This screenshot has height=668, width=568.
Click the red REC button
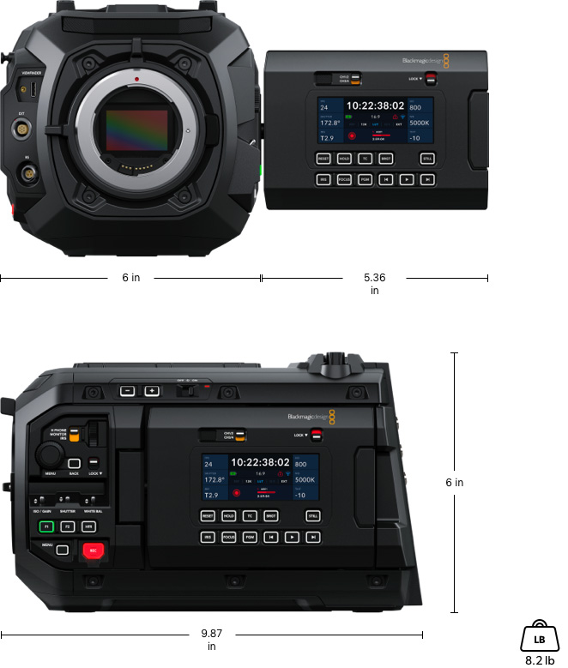pyautogui.click(x=92, y=551)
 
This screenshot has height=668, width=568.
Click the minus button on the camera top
pyautogui.click(x=126, y=391)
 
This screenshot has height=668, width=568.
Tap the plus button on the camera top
pyautogui.click(x=152, y=391)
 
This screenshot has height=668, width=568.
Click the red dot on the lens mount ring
pyautogui.click(x=136, y=79)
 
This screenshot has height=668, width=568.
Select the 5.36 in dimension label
pyautogui.click(x=374, y=283)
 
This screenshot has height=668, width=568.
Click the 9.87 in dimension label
pyautogui.click(x=212, y=640)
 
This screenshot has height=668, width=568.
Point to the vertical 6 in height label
pyautogui.click(x=455, y=483)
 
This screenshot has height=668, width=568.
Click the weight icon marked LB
pyautogui.click(x=539, y=637)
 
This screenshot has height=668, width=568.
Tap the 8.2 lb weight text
pyautogui.click(x=539, y=661)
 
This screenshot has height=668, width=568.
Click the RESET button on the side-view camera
pyautogui.click(x=207, y=516)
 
